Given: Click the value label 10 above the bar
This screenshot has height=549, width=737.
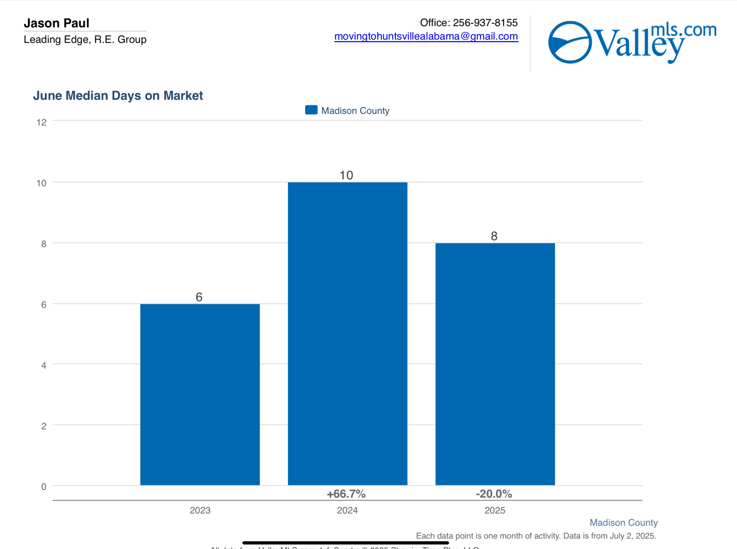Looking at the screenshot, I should pos(346,175).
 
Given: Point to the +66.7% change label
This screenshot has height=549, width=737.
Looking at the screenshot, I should pos(346,494).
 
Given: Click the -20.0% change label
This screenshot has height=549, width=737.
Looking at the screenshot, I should pos(494,494).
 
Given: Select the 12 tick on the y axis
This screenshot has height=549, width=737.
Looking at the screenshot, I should pos(42,123).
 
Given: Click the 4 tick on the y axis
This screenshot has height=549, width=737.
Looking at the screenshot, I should pos(43,366).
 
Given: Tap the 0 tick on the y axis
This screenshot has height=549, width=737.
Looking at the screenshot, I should pos(43,487).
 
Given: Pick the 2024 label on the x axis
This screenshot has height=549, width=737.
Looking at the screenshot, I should pos(347,510).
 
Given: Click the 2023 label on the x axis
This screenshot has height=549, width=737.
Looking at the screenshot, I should pos(200,510).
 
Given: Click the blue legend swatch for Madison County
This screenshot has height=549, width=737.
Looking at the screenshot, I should pos(311,110).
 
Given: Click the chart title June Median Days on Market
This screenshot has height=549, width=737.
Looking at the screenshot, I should pos(118,96).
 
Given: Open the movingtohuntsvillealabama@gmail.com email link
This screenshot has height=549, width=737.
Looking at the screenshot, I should pos(426,36).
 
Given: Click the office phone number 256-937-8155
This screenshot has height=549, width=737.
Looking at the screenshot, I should pos(485,22).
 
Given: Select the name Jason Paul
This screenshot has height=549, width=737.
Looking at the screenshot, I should pos(57,23).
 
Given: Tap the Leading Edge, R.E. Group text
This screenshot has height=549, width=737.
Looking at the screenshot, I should pos(85,40).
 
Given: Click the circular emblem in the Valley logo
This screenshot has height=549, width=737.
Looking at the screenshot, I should pos(570,42).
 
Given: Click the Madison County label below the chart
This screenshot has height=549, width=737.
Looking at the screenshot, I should pos(623,523).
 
